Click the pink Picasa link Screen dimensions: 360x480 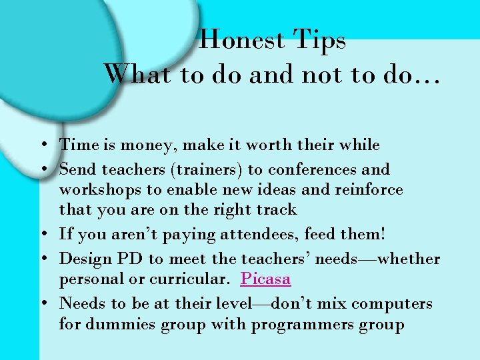265,279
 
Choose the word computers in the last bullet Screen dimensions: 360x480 392,303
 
